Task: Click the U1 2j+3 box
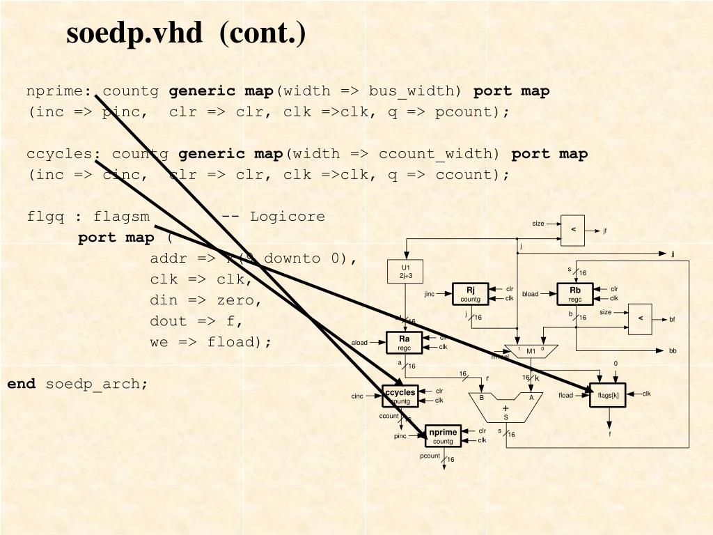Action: [405, 272]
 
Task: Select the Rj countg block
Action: [470, 294]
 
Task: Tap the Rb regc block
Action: [574, 294]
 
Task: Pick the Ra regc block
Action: [405, 343]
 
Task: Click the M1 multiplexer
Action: [531, 350]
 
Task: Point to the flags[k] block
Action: [608, 395]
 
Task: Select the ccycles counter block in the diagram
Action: [400, 396]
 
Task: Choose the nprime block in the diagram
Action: [443, 436]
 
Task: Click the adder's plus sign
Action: [506, 408]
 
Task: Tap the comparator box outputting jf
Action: [573, 229]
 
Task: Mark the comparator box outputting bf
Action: [640, 318]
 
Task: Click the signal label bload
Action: [531, 294]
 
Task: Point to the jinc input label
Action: [430, 294]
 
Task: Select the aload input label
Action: [359, 343]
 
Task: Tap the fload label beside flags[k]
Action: [565, 396]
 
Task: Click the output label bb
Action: [673, 351]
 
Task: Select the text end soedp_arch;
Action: [78, 384]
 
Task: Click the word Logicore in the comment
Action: [287, 216]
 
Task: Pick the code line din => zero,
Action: [205, 300]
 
